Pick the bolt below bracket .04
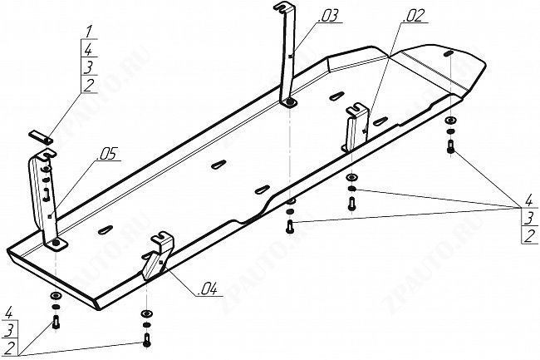pyautogui.click(x=146, y=338)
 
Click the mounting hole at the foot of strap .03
pyautogui.click(x=289, y=103)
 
